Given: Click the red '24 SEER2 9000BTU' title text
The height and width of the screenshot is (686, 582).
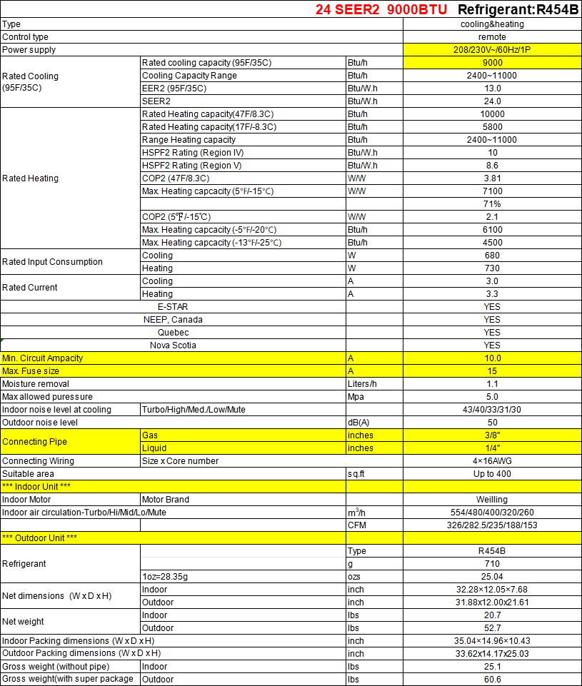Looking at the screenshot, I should coord(381,10).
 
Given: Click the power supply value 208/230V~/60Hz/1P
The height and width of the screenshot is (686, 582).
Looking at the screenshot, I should coord(492,50).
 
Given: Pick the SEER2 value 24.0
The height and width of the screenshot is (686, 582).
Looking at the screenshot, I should coord(492,101).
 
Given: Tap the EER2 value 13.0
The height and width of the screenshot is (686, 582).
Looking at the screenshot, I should coord(492,89).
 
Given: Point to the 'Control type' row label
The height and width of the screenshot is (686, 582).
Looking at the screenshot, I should coord(26,37).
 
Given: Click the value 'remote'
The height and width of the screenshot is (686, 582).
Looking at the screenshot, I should coord(492,37).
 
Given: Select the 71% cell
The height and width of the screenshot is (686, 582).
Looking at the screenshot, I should coord(492,204).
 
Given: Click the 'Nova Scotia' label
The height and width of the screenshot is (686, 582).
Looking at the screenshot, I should coord(173,345).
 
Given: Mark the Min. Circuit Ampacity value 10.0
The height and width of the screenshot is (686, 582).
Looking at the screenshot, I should coord(492,358).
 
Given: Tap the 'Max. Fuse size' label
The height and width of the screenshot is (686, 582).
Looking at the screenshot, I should coord(31,371).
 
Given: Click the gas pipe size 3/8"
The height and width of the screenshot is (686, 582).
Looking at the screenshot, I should coord(492,435).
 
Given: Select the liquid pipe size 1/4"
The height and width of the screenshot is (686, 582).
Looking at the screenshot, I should coord(492,448).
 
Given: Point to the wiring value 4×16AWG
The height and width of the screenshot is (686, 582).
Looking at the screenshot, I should coord(492,461).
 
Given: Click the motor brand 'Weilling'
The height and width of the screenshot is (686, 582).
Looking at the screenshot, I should coord(492,500).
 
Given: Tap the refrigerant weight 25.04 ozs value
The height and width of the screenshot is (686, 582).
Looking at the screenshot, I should coord(492,577).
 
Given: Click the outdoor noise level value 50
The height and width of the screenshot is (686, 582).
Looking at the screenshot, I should coord(492,423).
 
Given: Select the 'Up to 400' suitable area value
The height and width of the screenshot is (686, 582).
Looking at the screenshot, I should coord(492,474).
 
